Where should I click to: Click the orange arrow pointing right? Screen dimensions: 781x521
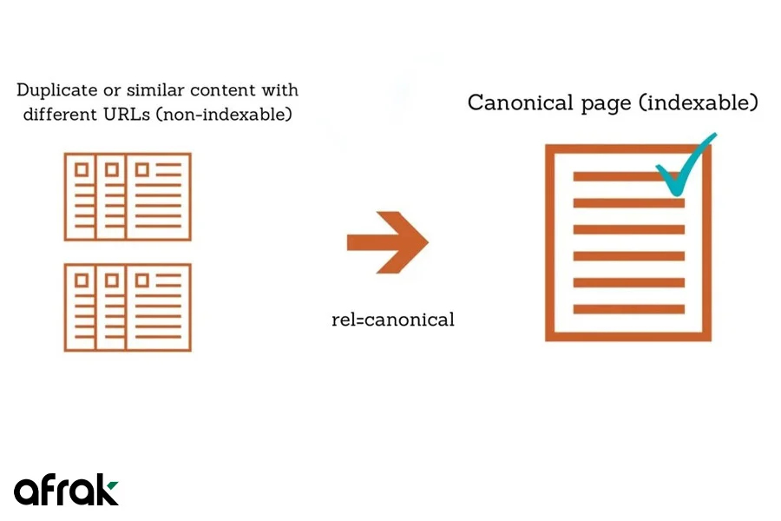click(x=388, y=242)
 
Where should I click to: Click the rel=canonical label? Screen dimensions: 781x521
click(x=393, y=320)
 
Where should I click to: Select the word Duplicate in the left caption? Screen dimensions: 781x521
click(x=56, y=90)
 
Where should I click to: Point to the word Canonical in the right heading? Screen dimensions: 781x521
click(x=521, y=102)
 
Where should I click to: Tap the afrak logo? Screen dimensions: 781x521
click(x=66, y=490)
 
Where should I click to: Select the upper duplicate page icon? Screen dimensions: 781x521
click(x=128, y=197)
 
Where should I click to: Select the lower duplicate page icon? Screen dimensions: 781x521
click(x=128, y=307)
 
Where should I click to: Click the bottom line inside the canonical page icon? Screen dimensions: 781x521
click(x=628, y=310)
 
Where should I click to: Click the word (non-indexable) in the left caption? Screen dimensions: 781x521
click(x=224, y=114)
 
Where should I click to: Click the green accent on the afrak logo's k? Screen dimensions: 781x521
click(x=113, y=485)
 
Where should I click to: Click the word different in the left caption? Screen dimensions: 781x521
click(x=60, y=114)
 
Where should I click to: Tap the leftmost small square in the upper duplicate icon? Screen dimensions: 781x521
click(x=82, y=169)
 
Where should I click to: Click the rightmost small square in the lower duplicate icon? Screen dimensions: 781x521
click(x=142, y=280)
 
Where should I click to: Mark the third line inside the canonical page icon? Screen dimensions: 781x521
click(x=628, y=230)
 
